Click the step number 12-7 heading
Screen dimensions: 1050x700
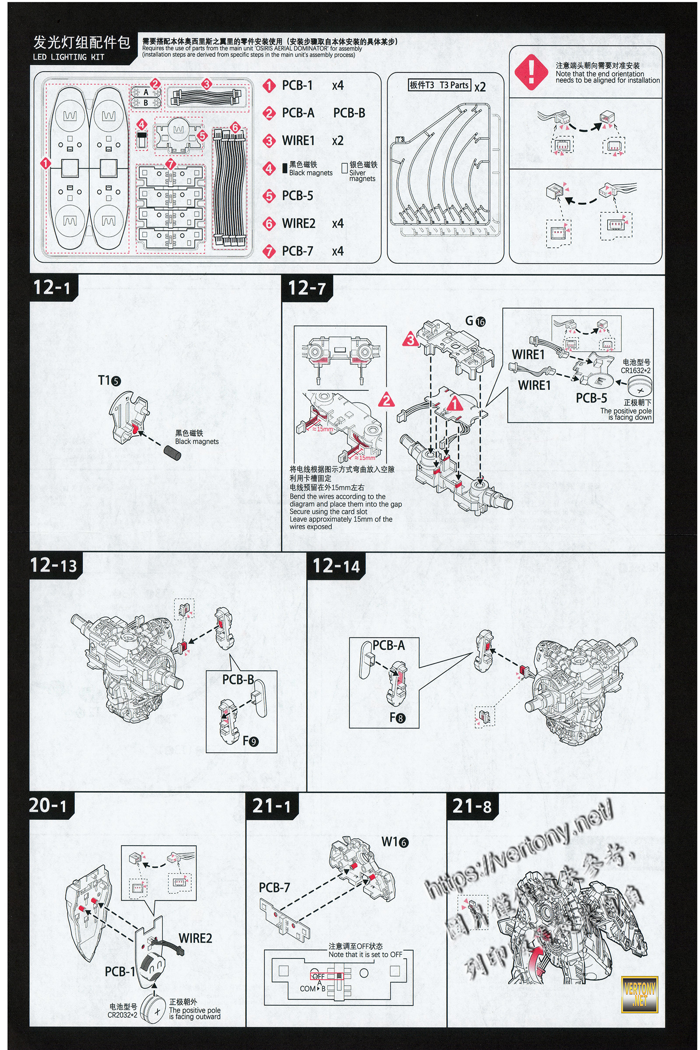[x=307, y=288]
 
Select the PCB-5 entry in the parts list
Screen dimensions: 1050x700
[x=297, y=196]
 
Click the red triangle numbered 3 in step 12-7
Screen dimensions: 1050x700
[x=411, y=341]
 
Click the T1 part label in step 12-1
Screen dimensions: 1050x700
[x=109, y=380]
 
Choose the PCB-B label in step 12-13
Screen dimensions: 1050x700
[x=238, y=679]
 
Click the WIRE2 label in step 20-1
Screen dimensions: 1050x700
[x=195, y=938]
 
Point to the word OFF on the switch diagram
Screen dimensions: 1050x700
[x=318, y=976]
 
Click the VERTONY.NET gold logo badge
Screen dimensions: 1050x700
[x=639, y=994]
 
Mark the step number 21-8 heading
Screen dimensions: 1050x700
[x=472, y=806]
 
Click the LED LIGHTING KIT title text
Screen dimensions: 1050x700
[x=68, y=57]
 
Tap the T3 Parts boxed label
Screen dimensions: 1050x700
[x=439, y=85]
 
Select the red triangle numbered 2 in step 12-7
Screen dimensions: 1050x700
[x=387, y=399]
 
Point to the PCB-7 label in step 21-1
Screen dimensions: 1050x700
[x=274, y=888]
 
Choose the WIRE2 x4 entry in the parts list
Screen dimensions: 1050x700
[x=312, y=223]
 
